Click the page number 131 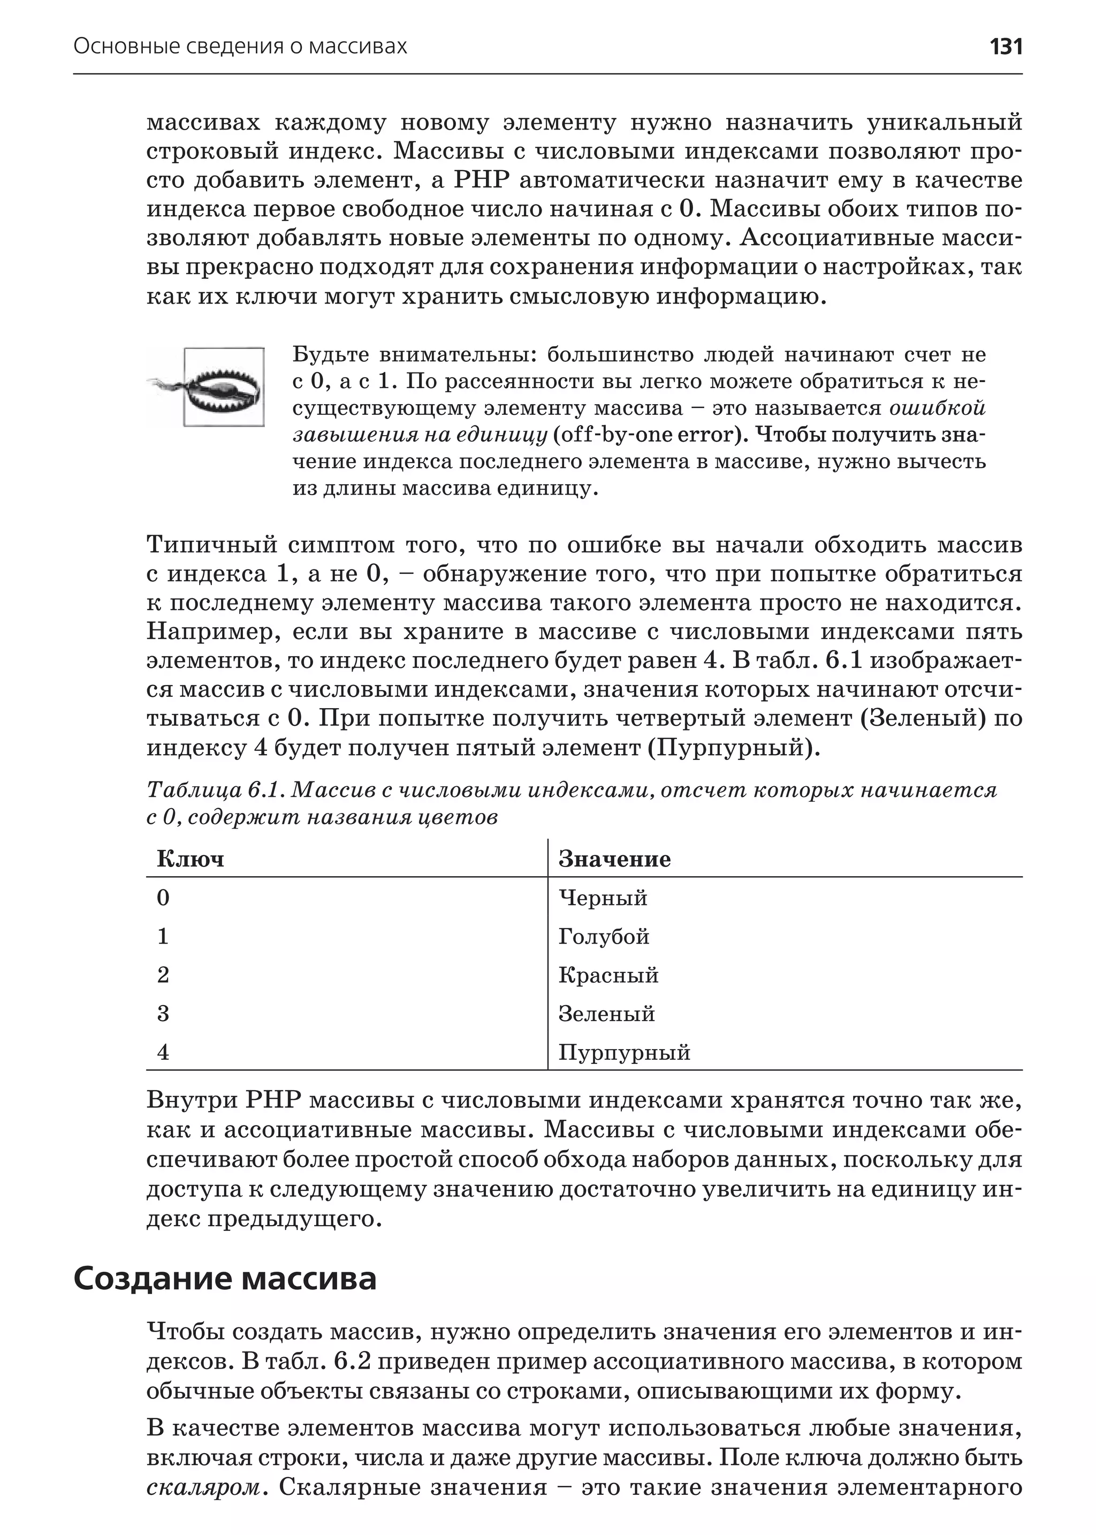1005,47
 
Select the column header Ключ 191,860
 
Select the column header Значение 614,860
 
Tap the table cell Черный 603,899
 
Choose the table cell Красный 608,975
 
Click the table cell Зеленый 606,1014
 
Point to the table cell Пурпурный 625,1052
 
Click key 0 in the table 163,899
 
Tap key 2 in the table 163,975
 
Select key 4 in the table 163,1052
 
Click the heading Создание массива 225,1279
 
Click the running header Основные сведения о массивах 240,47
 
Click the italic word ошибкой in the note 938,408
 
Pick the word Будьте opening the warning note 331,354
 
